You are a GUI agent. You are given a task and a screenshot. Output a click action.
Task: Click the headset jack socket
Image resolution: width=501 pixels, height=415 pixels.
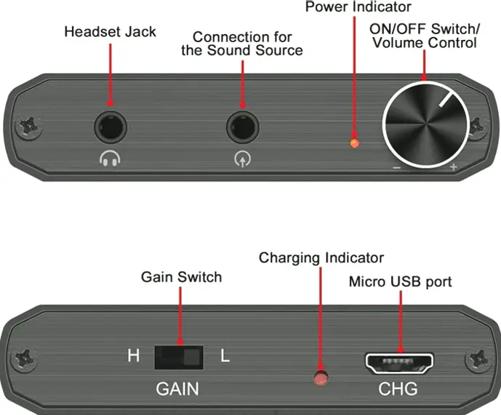(x=111, y=128)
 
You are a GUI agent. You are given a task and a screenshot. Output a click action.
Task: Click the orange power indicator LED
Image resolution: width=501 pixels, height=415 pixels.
(x=354, y=142)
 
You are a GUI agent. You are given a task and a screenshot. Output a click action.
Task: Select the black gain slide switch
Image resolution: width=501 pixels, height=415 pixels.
(x=178, y=357)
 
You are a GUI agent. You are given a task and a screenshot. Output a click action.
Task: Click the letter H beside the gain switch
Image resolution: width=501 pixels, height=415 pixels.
(x=133, y=357)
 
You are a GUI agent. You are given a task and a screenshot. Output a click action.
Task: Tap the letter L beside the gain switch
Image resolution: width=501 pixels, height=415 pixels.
(x=225, y=357)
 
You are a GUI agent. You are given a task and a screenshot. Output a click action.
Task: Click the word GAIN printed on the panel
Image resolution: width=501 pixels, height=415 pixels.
(x=177, y=389)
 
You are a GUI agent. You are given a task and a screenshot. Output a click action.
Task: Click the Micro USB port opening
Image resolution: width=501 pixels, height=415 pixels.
(x=399, y=361)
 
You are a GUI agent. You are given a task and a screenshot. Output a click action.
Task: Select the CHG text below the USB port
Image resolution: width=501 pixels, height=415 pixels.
(x=398, y=389)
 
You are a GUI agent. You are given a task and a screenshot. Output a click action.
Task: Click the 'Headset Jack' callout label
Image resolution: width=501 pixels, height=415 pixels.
(x=110, y=32)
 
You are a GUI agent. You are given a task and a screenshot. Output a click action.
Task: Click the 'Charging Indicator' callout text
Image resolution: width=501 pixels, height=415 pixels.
(x=321, y=258)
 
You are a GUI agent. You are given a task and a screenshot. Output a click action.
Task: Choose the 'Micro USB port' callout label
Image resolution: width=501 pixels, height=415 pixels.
(x=401, y=281)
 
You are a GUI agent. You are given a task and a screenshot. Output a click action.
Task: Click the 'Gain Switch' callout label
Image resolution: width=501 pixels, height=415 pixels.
(x=181, y=277)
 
